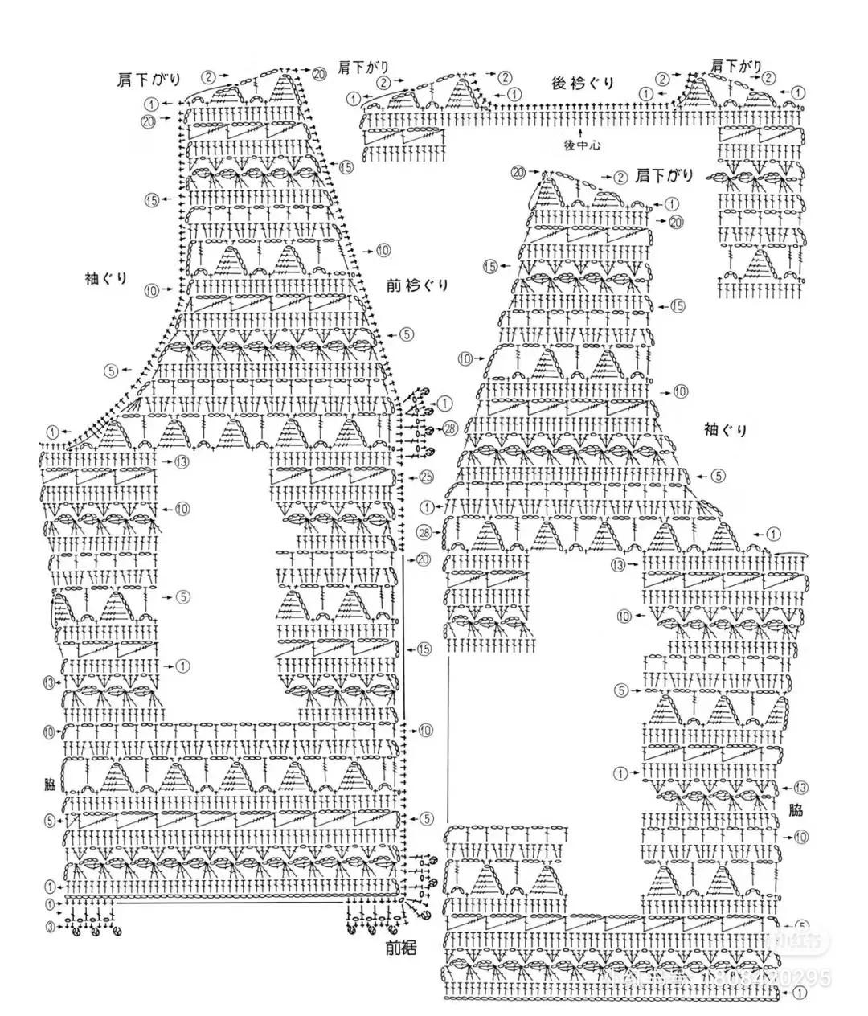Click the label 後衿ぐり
coord(583,83)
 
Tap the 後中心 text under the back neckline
coord(582,145)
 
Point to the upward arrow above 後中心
coord(581,126)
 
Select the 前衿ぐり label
coord(417,285)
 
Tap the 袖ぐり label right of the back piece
coord(725,429)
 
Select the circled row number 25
coord(425,477)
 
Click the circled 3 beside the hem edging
coord(50,927)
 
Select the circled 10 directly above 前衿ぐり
coord(383,251)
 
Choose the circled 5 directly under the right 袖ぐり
coord(718,476)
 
